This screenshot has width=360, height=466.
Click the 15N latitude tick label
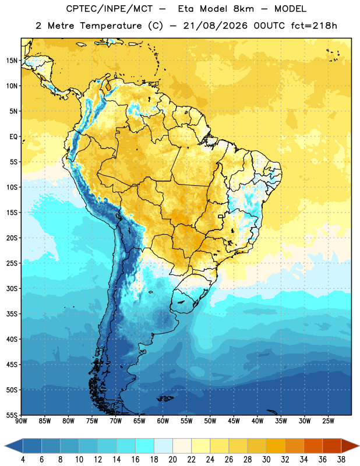point(12,61)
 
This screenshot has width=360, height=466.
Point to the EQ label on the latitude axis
point(13,137)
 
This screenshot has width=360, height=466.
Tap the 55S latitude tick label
point(12,415)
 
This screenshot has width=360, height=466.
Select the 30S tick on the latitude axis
point(12,288)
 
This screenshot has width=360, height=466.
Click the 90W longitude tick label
point(21,421)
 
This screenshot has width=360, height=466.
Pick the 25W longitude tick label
point(328,421)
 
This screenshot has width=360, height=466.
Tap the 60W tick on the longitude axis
point(163,421)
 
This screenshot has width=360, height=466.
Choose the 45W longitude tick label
point(234,421)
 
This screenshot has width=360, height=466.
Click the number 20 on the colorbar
point(172,460)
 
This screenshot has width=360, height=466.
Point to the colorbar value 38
point(341,460)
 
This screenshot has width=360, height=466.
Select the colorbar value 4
point(23,460)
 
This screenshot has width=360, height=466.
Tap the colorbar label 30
point(266,460)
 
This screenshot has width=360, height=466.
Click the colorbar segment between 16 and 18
point(145,446)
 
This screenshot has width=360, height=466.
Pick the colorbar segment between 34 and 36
point(313,446)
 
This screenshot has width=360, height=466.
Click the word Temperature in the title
point(111,26)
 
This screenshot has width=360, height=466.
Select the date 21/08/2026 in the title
point(215,26)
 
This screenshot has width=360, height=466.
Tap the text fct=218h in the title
point(314,26)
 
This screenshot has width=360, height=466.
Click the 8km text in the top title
point(243,9)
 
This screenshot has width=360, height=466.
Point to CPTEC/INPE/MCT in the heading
point(109,9)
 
